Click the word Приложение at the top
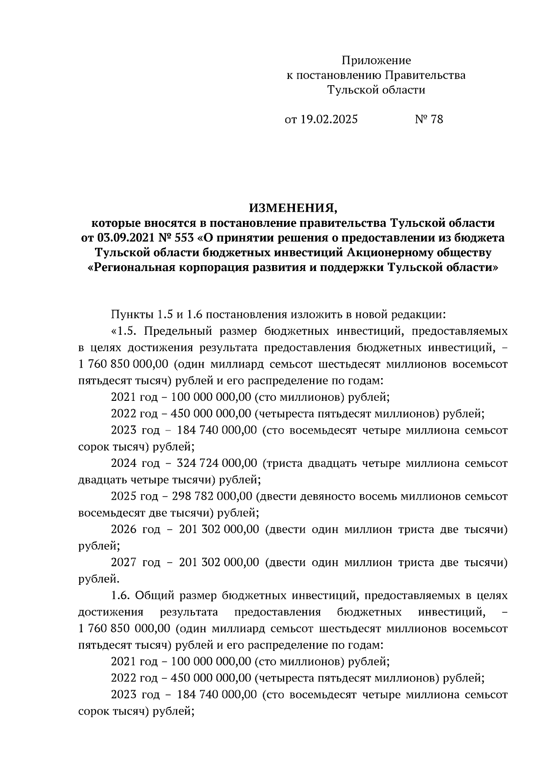tap(377, 61)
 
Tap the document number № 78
tap(428, 120)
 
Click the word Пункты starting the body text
tap(132, 314)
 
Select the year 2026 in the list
tap(124, 529)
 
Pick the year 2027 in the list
tap(124, 563)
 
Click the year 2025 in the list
tap(124, 497)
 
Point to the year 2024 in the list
tap(124, 463)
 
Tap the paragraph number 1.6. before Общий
tap(121, 595)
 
